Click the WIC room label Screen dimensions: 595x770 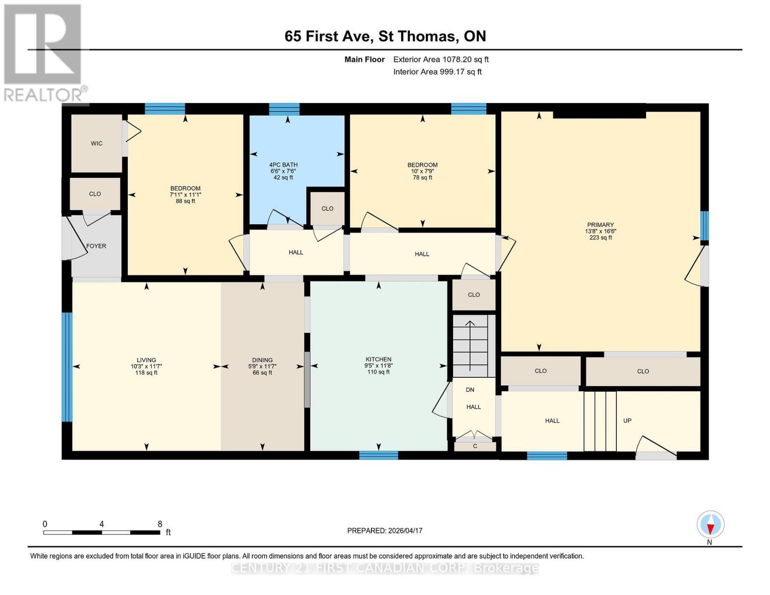[x=97, y=144]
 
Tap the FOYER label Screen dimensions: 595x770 [x=96, y=246]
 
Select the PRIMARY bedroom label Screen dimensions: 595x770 [x=600, y=225]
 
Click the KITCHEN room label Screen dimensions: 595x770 [x=378, y=359]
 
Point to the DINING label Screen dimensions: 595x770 [x=262, y=360]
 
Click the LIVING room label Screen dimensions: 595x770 [x=146, y=360]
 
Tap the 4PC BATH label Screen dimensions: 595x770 [x=283, y=165]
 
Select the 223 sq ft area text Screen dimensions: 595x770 [x=600, y=238]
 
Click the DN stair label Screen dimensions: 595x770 [x=470, y=390]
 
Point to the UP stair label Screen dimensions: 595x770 [x=627, y=420]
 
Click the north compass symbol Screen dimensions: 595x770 [x=711, y=525]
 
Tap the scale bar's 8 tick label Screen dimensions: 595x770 [x=160, y=524]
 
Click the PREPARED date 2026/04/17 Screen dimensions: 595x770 [x=385, y=531]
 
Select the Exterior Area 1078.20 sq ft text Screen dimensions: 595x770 [x=441, y=59]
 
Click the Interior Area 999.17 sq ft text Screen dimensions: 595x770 [x=437, y=72]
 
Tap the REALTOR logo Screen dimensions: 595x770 [x=44, y=52]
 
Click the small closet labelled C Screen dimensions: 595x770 [x=475, y=446]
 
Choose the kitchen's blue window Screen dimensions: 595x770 [x=378, y=455]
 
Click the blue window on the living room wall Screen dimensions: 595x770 [x=67, y=367]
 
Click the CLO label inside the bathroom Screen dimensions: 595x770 [x=327, y=209]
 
